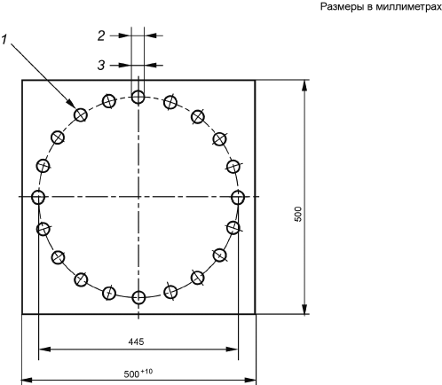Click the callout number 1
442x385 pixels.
[x=4, y=40]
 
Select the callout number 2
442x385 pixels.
[x=101, y=35]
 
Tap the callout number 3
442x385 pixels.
[x=101, y=65]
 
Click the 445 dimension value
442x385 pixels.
[x=136, y=342]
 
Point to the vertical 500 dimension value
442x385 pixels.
[x=298, y=214]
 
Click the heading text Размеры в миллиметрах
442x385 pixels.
[x=381, y=7]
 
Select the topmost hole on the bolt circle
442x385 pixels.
[x=138, y=97]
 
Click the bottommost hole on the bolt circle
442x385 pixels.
[x=138, y=297]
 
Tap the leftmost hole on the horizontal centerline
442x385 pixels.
[x=38, y=197]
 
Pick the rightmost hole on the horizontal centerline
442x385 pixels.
[x=238, y=197]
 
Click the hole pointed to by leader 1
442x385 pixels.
[x=81, y=114]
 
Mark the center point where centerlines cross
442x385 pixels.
[x=138, y=197]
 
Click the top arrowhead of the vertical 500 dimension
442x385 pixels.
[x=305, y=85]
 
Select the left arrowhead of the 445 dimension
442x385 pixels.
[x=43, y=350]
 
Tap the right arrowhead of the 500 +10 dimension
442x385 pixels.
[x=251, y=380]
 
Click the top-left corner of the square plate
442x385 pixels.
[x=22, y=80]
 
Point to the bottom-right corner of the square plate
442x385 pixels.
[x=255, y=314]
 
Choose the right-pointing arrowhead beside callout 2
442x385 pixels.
[x=125, y=35]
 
